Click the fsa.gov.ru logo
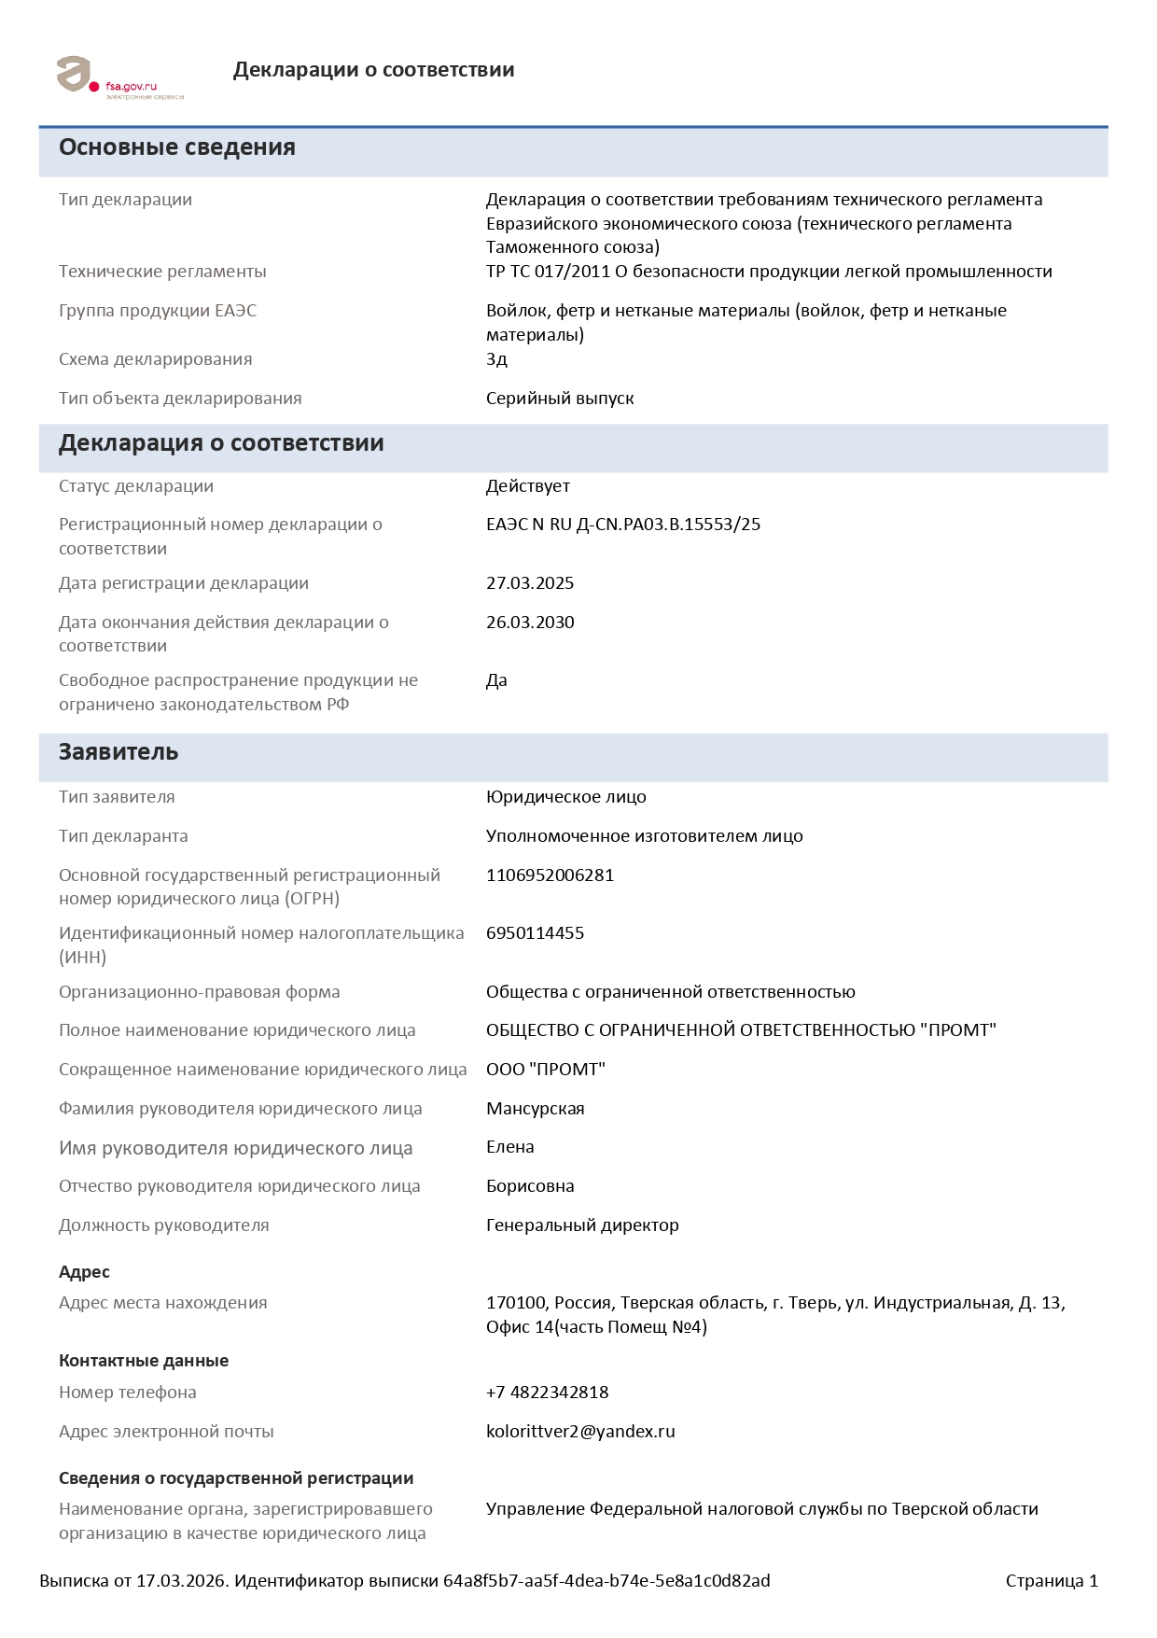pos(118,77)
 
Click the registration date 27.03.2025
pos(530,583)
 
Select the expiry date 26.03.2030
pos(530,623)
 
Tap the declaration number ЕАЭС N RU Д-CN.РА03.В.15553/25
pos(623,525)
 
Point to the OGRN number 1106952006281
pos(550,875)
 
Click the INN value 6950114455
pos(535,933)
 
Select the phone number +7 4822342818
pos(547,1393)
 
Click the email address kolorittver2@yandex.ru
pos(580,1432)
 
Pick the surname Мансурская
pos(535,1109)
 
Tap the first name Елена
pos(509,1147)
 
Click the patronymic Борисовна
pos(530,1186)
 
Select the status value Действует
pos(527,486)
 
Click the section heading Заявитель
pos(118,752)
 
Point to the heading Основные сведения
pos(177,147)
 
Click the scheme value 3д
pos(496,359)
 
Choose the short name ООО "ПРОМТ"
pos(546,1070)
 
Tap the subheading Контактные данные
pos(144,1361)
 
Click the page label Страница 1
pos(1052,1581)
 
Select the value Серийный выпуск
pos(560,399)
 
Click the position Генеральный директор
pos(582,1225)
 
